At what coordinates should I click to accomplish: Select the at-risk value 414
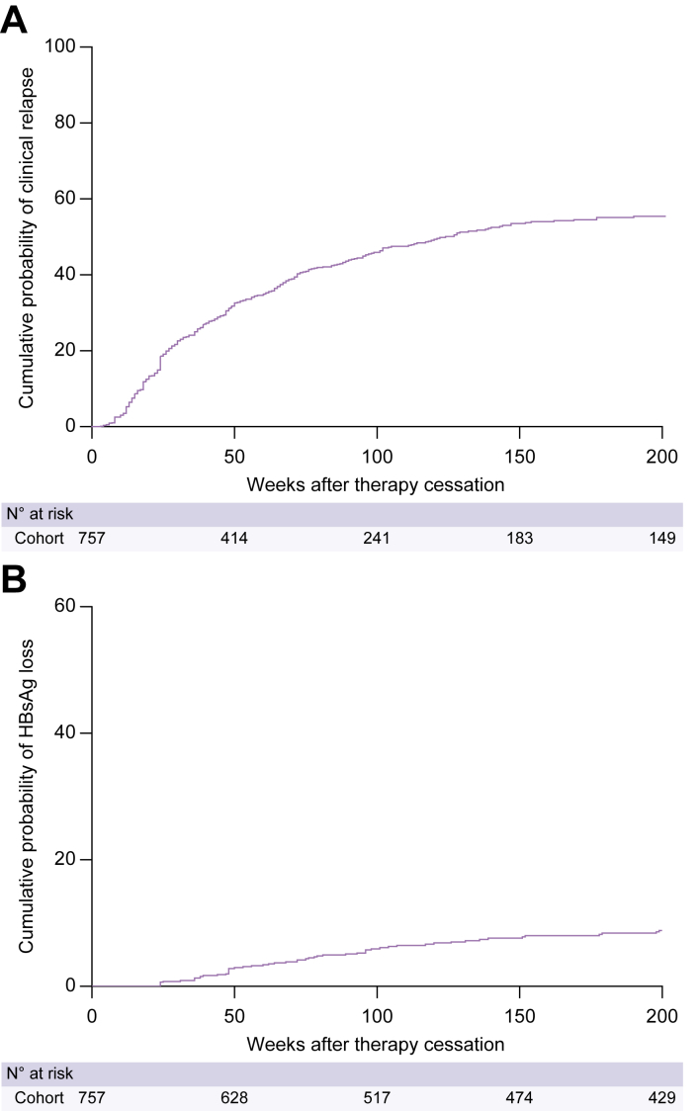coord(234,539)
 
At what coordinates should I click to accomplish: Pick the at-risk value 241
coord(377,539)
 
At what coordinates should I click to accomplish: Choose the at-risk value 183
coord(519,539)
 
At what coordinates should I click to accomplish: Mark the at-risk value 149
coord(661,539)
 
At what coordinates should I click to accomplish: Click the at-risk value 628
coord(234,1098)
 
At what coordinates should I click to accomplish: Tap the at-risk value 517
coord(377,1098)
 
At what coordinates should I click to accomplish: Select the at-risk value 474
coord(519,1098)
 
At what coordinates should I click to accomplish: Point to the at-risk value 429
coord(661,1098)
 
